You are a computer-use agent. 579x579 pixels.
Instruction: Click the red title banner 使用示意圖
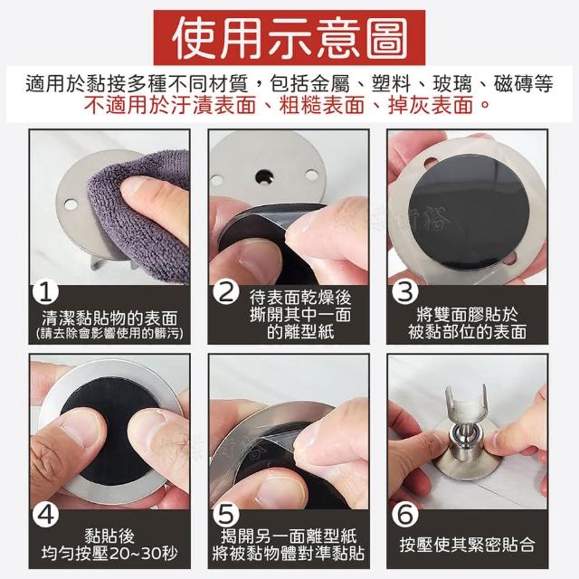[x=289, y=38]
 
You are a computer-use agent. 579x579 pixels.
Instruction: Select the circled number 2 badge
[x=225, y=293]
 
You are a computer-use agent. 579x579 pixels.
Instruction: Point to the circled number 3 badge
[x=404, y=293]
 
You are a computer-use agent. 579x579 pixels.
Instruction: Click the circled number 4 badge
[x=46, y=515]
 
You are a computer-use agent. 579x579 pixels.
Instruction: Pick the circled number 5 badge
[x=225, y=515]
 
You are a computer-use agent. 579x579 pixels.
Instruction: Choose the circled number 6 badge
[x=404, y=515]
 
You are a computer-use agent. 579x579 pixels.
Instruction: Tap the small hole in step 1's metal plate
[x=71, y=204]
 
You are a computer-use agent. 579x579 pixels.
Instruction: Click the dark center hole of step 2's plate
[x=265, y=176]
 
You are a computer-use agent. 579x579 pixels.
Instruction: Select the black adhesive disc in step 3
[x=469, y=212]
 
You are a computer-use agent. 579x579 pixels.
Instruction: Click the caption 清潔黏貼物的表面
[x=109, y=318]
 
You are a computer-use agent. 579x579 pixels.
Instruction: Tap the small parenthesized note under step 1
[x=109, y=334]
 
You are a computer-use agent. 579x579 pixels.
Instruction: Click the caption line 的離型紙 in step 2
[x=300, y=332]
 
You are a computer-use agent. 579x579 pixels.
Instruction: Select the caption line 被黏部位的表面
[x=467, y=332]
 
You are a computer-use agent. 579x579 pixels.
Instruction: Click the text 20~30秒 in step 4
[x=144, y=554]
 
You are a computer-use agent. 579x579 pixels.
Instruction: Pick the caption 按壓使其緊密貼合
[x=467, y=545]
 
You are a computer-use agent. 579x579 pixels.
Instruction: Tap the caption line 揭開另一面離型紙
[x=289, y=536]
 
